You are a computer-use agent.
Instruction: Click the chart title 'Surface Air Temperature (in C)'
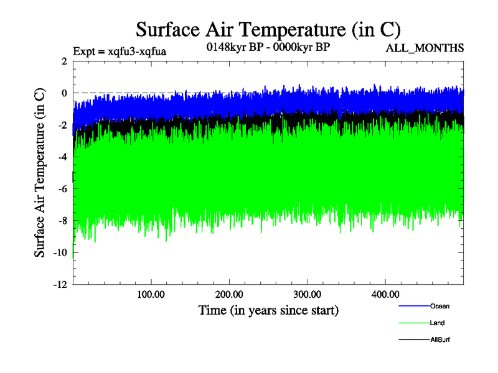(x=268, y=29)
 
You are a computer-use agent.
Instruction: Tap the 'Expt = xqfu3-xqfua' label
(x=120, y=52)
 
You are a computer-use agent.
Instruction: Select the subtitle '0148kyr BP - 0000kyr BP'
(x=268, y=47)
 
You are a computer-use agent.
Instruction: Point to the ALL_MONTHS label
(x=425, y=48)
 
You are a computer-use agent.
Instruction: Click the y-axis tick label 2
(x=63, y=61)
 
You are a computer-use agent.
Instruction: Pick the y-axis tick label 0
(x=63, y=93)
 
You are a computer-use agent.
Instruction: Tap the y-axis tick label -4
(x=62, y=157)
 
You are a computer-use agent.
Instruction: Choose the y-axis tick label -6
(x=62, y=189)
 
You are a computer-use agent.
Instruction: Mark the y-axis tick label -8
(x=62, y=221)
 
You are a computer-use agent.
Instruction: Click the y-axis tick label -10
(x=59, y=253)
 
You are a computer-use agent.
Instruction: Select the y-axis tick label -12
(x=59, y=285)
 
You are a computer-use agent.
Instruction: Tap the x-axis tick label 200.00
(x=229, y=294)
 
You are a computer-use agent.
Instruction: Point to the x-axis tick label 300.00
(x=307, y=294)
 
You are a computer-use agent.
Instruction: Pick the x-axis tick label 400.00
(x=385, y=294)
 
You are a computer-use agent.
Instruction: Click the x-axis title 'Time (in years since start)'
(x=268, y=310)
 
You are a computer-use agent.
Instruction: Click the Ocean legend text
(x=439, y=306)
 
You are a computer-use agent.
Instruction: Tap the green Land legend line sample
(x=413, y=323)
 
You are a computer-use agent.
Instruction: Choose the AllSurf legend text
(x=439, y=340)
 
